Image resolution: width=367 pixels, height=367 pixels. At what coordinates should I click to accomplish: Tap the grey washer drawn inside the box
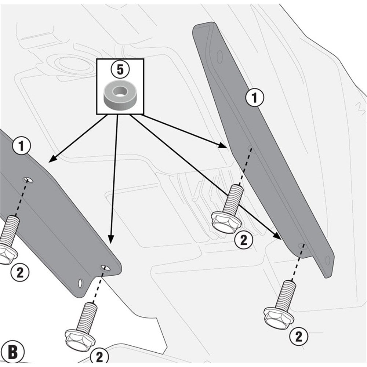(120, 95)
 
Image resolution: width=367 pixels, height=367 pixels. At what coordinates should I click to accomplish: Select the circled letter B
(12, 352)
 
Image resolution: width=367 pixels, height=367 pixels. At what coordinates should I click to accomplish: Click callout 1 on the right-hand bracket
(255, 97)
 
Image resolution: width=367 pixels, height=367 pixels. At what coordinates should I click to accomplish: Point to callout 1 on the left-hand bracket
(21, 146)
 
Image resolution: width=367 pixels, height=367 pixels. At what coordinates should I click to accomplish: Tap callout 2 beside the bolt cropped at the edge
(20, 272)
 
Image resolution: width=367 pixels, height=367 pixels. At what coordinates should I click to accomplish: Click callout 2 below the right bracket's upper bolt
(244, 240)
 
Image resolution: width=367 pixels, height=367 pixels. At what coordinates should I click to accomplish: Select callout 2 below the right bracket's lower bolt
(299, 336)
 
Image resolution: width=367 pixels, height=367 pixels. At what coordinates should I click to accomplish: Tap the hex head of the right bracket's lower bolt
(278, 317)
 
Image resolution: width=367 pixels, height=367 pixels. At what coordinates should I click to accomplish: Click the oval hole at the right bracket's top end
(220, 56)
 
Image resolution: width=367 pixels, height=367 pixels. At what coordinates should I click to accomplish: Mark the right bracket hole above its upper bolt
(250, 149)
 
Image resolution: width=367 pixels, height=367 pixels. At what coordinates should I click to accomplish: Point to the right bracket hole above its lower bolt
(301, 245)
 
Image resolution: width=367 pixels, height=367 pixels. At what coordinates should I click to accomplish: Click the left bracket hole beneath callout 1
(28, 179)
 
